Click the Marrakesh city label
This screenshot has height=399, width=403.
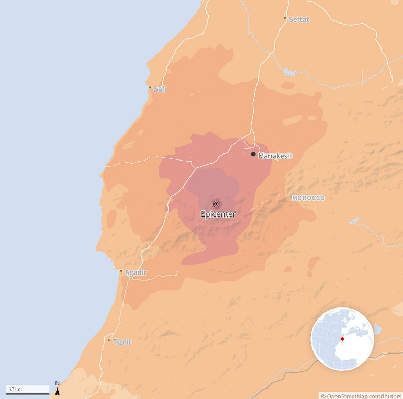pos(275,156)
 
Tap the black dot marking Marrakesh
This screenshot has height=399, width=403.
pos(253,154)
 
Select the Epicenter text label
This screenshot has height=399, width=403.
pos(218,214)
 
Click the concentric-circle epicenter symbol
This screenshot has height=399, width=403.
pos(216,204)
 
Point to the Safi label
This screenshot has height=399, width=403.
pos(160,89)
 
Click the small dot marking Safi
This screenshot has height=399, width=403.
pos(150,88)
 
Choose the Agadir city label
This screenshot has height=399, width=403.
pos(136,272)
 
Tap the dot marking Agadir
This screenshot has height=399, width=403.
pos(121,271)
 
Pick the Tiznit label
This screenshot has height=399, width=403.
pos(122,342)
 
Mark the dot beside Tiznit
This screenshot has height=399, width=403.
pos(109,341)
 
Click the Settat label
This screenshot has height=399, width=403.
pos(299,19)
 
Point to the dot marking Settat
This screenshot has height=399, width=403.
pos(285,18)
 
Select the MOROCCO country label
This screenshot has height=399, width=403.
pos(308,198)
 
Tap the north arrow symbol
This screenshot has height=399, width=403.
pos(58,391)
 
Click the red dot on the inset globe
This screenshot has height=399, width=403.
pos(342,338)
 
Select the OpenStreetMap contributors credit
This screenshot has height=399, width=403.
pos(361,396)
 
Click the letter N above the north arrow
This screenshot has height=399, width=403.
pos(58,383)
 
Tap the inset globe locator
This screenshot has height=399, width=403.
pos(342,339)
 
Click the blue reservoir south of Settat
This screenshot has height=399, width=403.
pos(289,71)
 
